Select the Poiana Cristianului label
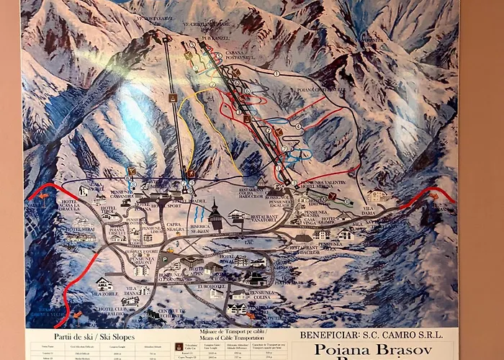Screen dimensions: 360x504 [x=321, y=90]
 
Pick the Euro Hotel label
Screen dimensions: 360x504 [x=214, y=286]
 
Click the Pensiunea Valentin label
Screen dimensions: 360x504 [x=318, y=184]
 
